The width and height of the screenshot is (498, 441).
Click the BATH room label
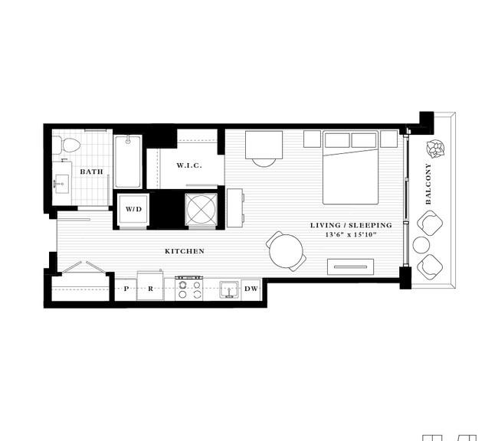click(x=91, y=171)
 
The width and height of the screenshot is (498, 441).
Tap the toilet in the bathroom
click(x=67, y=145)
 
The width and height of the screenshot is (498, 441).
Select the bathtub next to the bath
click(x=128, y=162)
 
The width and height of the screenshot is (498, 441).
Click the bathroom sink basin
click(x=61, y=184)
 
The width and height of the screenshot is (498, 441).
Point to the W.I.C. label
click(x=189, y=165)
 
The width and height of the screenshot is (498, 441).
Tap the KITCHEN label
click(x=185, y=251)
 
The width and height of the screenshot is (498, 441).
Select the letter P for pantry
click(x=126, y=289)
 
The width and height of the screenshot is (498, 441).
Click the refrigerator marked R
click(x=150, y=286)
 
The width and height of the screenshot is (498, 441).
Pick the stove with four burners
click(x=189, y=289)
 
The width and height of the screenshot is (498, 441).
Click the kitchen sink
click(x=229, y=290)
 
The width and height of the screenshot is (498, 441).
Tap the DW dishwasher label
click(x=251, y=289)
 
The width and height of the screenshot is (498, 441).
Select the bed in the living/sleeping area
click(x=351, y=167)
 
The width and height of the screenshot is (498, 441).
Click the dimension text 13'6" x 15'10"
click(x=351, y=234)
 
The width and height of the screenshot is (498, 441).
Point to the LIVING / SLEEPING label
click(x=351, y=225)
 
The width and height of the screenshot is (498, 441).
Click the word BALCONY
click(x=428, y=184)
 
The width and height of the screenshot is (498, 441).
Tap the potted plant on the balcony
click(x=435, y=149)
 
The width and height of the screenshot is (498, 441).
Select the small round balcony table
click(x=421, y=245)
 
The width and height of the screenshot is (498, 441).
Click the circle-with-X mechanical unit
click(x=201, y=210)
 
